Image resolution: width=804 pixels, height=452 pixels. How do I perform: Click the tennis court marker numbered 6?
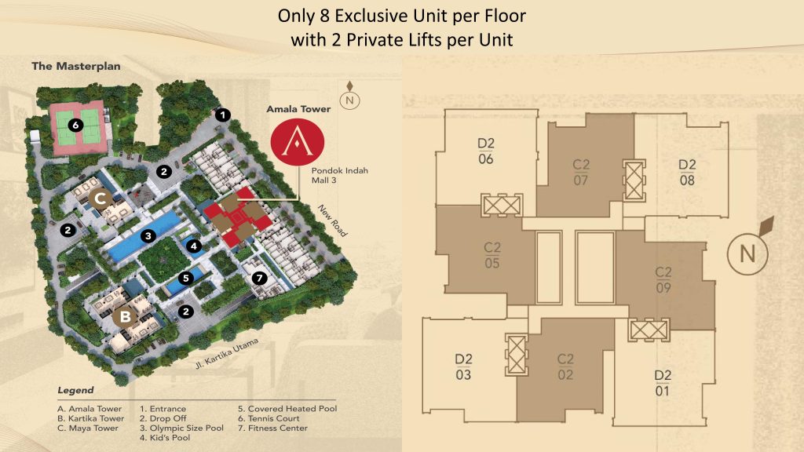click(x=76, y=125)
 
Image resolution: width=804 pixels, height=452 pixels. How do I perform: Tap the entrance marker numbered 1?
click(x=222, y=115)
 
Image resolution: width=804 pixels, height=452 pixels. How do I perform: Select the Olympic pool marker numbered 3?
click(x=148, y=235)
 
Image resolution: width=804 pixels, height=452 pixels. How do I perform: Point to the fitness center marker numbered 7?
click(x=259, y=279)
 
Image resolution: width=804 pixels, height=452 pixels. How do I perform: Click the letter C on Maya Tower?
click(x=100, y=197)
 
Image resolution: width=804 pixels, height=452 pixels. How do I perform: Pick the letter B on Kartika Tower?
click(x=125, y=317)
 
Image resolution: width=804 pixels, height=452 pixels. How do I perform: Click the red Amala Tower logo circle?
click(x=298, y=142)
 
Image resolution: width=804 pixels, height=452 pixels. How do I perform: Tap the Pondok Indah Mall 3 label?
click(x=339, y=175)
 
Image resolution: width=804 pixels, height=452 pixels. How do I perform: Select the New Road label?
click(x=333, y=221)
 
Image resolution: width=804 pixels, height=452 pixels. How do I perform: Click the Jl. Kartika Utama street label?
click(x=226, y=353)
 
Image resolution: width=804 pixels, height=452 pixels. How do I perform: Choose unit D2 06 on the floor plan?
click(x=485, y=151)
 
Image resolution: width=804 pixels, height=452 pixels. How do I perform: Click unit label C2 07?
click(x=581, y=172)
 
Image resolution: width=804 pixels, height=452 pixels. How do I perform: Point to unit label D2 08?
click(x=687, y=172)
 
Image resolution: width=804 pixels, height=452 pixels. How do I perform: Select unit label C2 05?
click(x=492, y=255)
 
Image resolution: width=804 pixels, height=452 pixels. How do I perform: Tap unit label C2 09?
click(x=663, y=280)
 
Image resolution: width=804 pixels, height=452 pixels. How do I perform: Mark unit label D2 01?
click(x=663, y=383)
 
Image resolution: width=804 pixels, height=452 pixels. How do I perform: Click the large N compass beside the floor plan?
click(x=747, y=253)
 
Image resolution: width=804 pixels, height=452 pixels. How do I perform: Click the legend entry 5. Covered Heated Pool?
click(x=287, y=408)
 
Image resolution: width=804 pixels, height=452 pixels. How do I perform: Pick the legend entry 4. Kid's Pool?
click(x=165, y=438)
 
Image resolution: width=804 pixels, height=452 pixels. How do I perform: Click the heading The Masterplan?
click(x=76, y=66)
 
